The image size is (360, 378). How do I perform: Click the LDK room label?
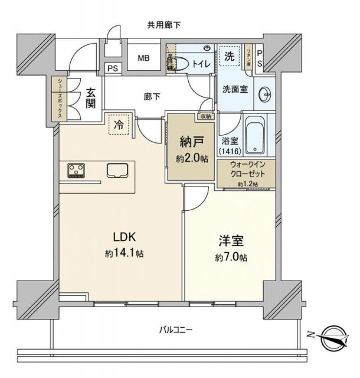(x=125, y=237)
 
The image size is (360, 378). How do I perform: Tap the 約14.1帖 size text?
(x=125, y=253)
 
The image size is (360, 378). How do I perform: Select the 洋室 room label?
(x=230, y=242)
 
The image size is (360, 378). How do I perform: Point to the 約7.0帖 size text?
(x=230, y=258)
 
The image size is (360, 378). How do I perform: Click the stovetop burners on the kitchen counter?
(x=76, y=170)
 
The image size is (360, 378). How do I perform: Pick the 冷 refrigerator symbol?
(x=119, y=125)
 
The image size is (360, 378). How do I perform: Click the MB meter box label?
(x=143, y=58)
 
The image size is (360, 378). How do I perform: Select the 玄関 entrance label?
(x=91, y=98)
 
